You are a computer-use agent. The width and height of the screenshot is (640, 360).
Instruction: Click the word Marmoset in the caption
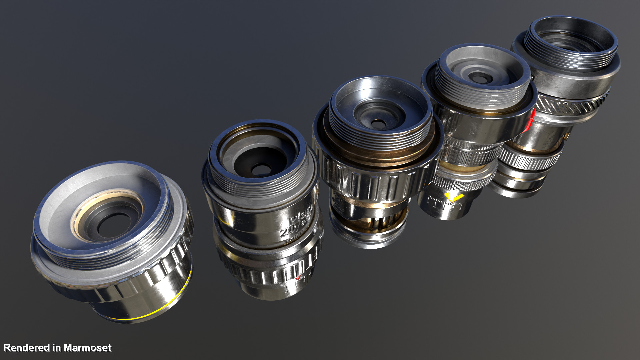click(x=87, y=348)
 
